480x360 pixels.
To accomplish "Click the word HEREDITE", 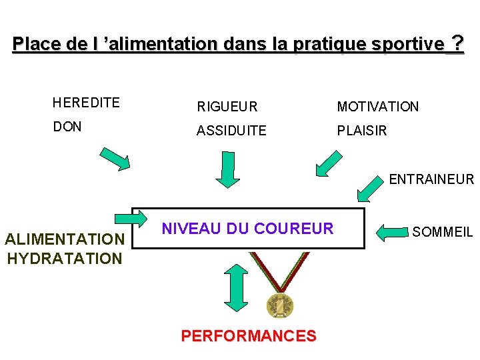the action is click(86, 103).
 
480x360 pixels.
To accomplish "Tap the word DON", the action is click(67, 127).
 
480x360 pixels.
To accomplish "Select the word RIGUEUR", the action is click(227, 107).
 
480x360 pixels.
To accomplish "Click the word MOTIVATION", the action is click(377, 107).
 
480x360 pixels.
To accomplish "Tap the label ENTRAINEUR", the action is click(431, 179).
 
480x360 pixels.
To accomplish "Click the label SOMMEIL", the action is click(443, 232).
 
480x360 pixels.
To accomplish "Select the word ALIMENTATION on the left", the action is click(65, 239).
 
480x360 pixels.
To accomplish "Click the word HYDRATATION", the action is click(65, 258).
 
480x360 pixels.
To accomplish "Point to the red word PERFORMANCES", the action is click(249, 336).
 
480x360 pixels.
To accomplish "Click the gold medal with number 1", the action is click(280, 305).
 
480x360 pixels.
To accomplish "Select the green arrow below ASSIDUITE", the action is click(227, 169).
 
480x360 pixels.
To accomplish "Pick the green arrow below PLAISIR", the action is click(332, 163).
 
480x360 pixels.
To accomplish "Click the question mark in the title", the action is click(457, 44).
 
